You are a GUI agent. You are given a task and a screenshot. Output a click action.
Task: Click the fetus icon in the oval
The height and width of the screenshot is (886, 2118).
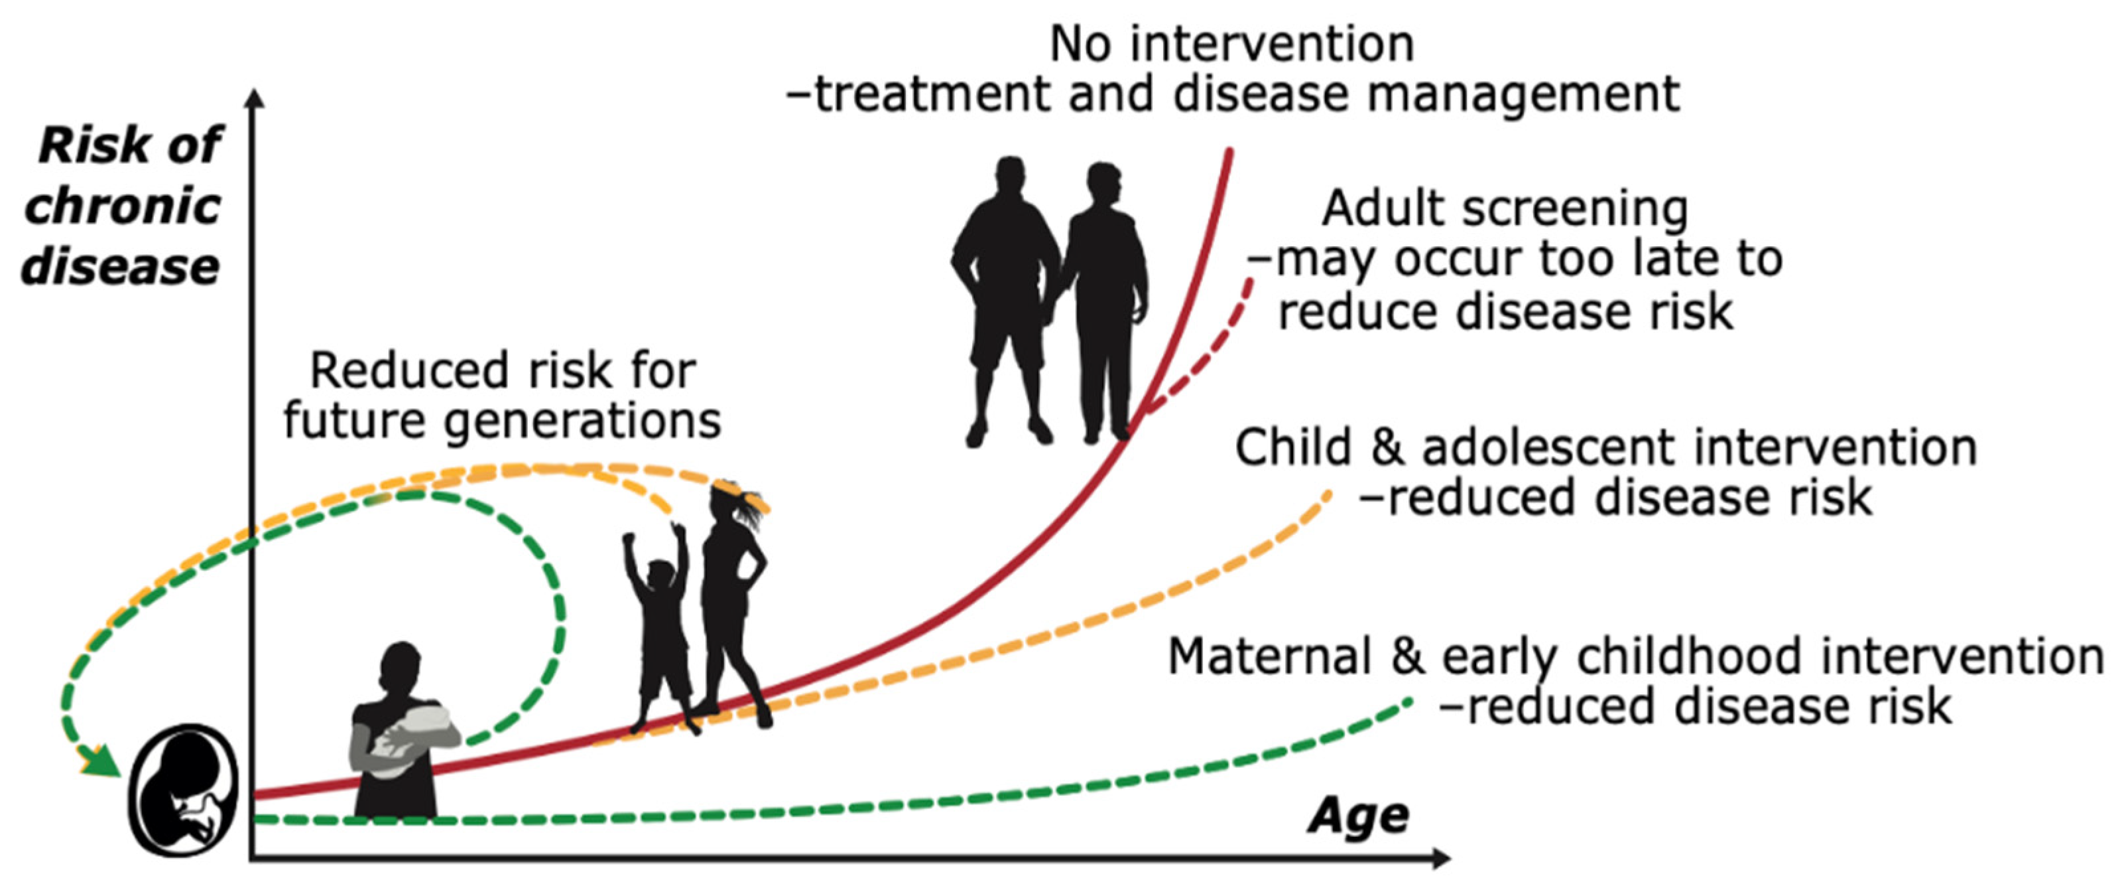click(x=183, y=790)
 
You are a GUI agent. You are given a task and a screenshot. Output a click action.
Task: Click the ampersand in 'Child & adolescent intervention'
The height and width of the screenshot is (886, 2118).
click(x=1388, y=449)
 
